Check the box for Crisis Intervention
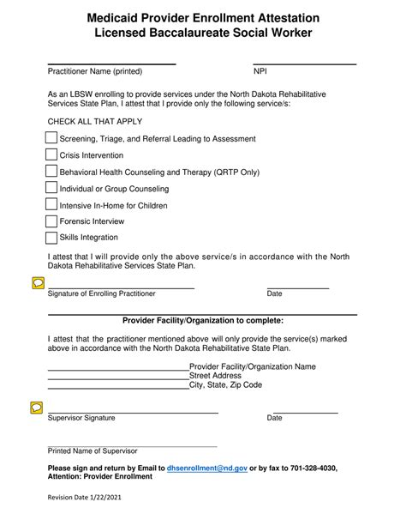coord(51,155)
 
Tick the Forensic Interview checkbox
coord(51,221)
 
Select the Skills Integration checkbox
coord(51,237)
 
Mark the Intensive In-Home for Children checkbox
coord(51,205)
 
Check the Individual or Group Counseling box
coord(51,188)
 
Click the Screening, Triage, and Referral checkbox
coord(51,138)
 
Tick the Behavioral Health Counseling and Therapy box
coord(51,172)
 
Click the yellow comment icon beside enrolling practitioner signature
coord(36,281)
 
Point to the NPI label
coord(260,71)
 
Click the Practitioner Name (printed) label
coord(94,71)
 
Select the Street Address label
coord(215,376)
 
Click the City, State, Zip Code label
coord(225,385)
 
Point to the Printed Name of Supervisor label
coord(93,450)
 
